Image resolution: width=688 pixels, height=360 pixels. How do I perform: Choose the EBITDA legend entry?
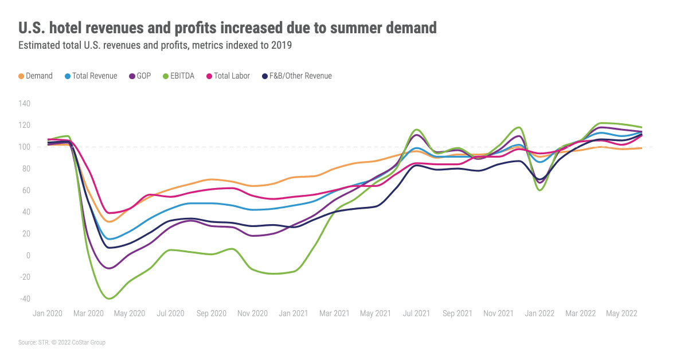[x=180, y=76]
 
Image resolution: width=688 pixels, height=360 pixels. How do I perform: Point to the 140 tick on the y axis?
[x=24, y=104]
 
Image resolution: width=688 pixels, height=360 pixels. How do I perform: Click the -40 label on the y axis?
[x=24, y=299]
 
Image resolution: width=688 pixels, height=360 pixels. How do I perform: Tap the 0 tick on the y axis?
[x=27, y=255]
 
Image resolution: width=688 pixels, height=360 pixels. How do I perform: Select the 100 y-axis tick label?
[x=24, y=147]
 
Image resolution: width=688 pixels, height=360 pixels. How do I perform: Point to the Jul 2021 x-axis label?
[x=417, y=314]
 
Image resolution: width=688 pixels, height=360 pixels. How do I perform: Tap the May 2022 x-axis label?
[x=621, y=314]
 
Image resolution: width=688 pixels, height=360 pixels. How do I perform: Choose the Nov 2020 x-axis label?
[x=253, y=314]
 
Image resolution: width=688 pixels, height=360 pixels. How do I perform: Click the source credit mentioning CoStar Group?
[x=62, y=342]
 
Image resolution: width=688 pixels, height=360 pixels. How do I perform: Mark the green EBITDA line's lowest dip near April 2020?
[x=109, y=299]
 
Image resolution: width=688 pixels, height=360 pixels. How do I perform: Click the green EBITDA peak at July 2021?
[x=416, y=130]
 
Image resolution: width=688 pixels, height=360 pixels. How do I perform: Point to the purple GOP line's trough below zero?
[x=110, y=268]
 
